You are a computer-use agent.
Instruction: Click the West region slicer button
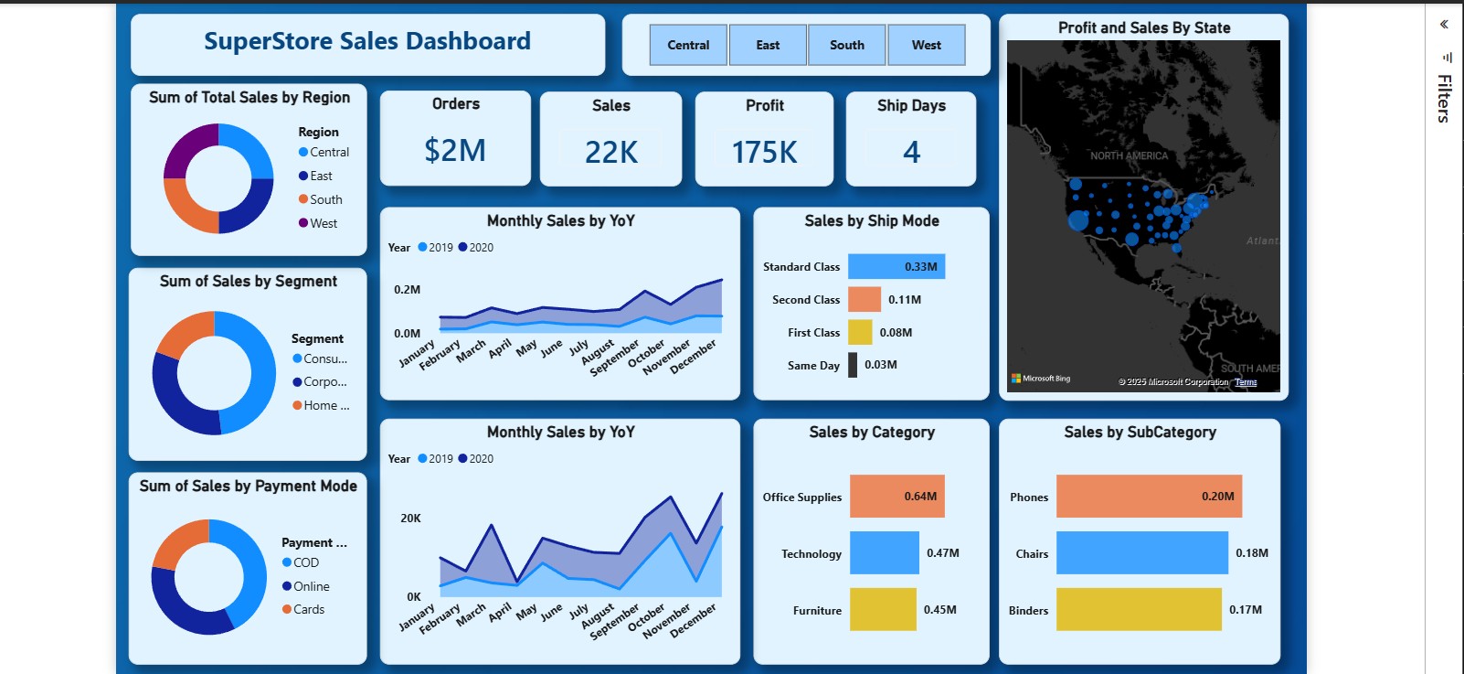point(926,45)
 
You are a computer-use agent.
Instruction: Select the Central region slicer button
point(688,45)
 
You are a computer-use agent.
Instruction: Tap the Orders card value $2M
point(455,151)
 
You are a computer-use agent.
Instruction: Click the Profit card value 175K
point(764,152)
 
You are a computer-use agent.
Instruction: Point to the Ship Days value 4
point(911,152)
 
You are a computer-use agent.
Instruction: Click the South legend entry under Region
point(325,199)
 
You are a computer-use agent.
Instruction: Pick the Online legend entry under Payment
point(311,586)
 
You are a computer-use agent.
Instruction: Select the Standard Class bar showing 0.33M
point(896,266)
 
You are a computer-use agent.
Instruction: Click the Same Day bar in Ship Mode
point(853,365)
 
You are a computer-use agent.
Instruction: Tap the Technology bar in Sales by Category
point(884,553)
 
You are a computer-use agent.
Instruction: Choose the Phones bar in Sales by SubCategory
point(1148,497)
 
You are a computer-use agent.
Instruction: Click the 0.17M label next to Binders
point(1245,609)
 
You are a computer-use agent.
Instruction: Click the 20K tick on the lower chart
point(410,519)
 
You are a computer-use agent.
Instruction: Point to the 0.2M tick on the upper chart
point(408,290)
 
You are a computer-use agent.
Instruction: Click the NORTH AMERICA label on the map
point(1129,156)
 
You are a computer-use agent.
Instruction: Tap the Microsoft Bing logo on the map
point(1041,379)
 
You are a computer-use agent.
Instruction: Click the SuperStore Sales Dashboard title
point(366,41)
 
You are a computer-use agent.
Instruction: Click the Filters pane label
point(1443,98)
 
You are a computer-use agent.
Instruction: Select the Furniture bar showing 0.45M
point(882,609)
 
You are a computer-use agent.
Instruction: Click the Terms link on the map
point(1246,382)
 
